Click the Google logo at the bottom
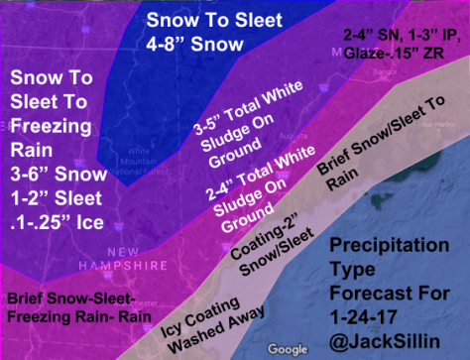tap(289, 349)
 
